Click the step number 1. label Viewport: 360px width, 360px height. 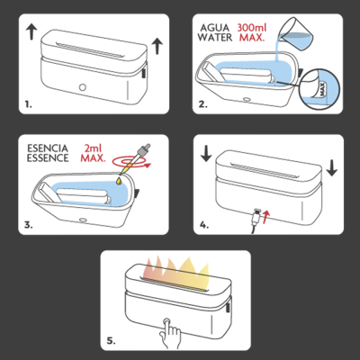(x=30, y=105)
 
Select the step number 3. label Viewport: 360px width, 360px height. (x=30, y=225)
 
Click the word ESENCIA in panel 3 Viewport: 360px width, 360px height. (x=46, y=147)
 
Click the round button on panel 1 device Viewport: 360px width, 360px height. (x=84, y=88)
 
